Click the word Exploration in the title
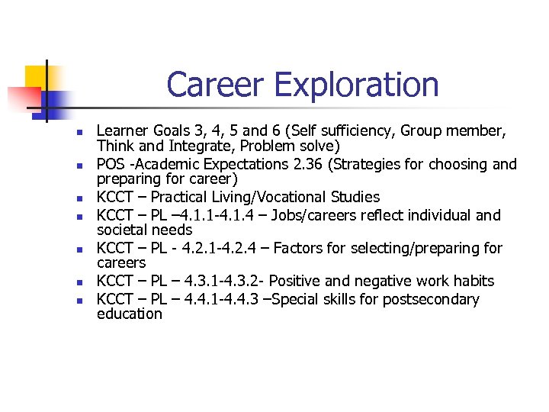[357, 85]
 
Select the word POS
[111, 164]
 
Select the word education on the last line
[129, 314]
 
